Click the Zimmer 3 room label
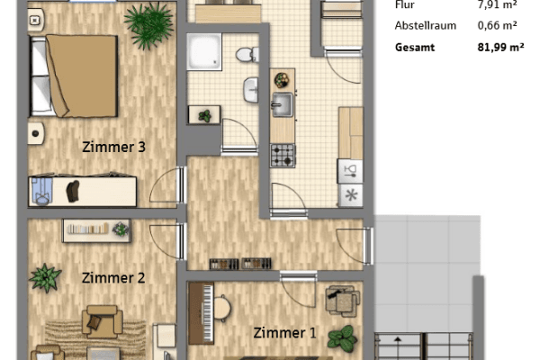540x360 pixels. tap(113, 147)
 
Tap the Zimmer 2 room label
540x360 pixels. tap(113, 278)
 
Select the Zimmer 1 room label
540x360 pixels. tap(284, 333)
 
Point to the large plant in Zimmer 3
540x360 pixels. tap(148, 25)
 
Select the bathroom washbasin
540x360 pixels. tap(251, 89)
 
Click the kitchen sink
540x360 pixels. tap(283, 104)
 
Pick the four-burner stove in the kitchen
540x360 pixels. tap(283, 154)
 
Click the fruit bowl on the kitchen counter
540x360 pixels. tap(282, 78)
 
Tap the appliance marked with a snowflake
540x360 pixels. tap(350, 195)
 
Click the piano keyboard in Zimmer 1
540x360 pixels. tap(212, 306)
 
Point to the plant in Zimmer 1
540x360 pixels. tap(341, 338)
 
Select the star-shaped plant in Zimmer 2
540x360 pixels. tap(45, 277)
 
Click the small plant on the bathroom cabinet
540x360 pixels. tap(205, 115)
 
